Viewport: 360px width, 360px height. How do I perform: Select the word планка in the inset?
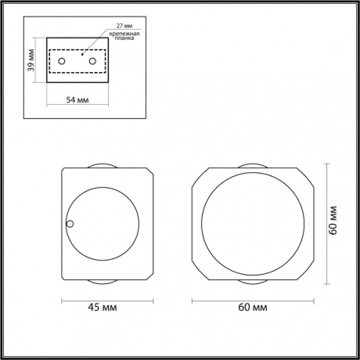click(122, 44)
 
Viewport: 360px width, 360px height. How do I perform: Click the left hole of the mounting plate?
click(63, 60)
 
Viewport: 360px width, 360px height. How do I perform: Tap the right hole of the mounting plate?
click(92, 60)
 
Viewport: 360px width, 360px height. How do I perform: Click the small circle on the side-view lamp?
click(70, 225)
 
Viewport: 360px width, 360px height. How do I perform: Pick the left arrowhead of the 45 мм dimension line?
click(63, 297)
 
